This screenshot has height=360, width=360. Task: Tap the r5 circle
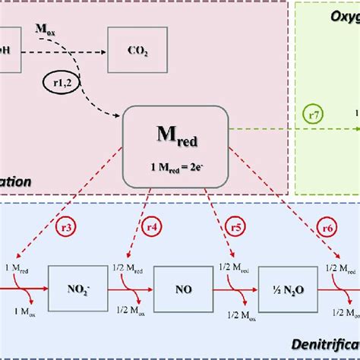pos(235,226)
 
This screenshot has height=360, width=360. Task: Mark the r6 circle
pos(327,226)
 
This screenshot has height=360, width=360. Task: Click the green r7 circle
pos(314,115)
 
